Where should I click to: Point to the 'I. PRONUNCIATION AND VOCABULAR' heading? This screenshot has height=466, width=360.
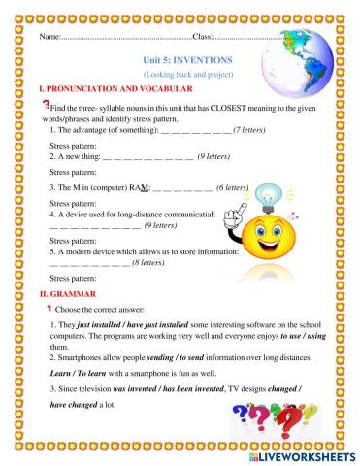[x=106, y=88]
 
